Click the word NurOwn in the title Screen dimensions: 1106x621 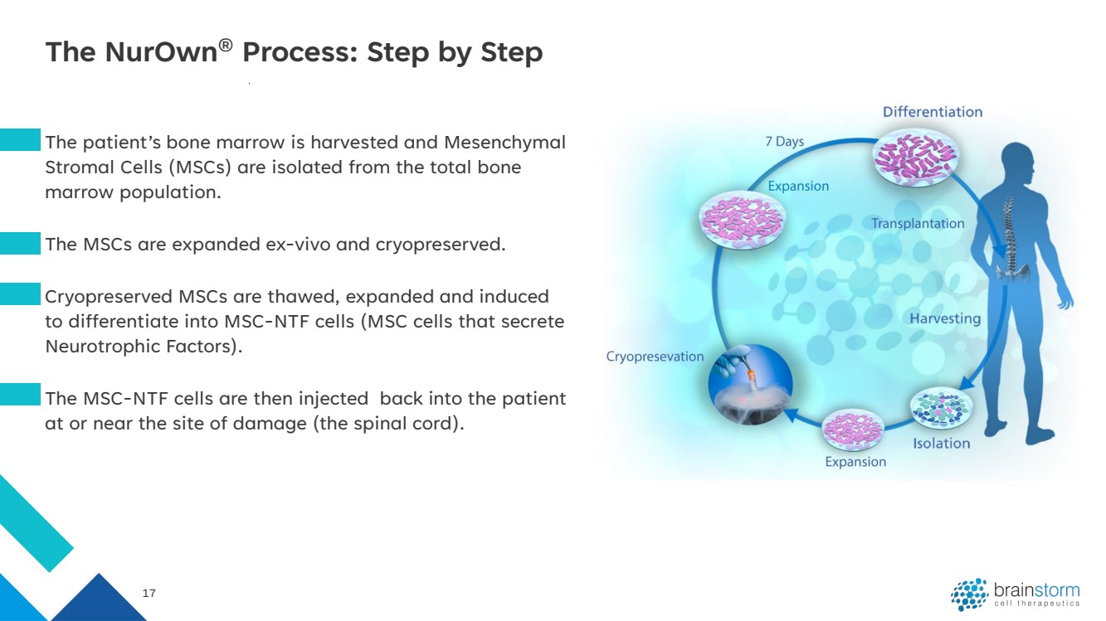pos(161,51)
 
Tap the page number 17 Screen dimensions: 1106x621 pos(149,594)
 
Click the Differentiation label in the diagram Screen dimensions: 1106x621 pos(933,112)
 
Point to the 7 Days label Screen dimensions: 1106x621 pos(785,142)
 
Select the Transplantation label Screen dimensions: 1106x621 pos(918,223)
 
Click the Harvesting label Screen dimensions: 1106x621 pos(945,318)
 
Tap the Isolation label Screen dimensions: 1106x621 pos(941,444)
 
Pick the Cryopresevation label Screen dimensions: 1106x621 pos(655,357)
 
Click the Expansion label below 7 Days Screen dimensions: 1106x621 pos(798,186)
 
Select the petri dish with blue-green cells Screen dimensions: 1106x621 pos(941,407)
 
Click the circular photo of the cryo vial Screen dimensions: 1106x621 pos(750,384)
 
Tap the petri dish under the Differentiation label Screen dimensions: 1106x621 pos(916,158)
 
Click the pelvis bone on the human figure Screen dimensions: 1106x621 pos(1011,271)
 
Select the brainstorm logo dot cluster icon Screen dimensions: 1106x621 pos(969,594)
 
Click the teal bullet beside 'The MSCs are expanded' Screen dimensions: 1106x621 pos(20,243)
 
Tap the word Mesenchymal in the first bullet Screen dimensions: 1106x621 pos(504,143)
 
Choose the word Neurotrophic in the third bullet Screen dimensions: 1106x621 pos(103,347)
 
